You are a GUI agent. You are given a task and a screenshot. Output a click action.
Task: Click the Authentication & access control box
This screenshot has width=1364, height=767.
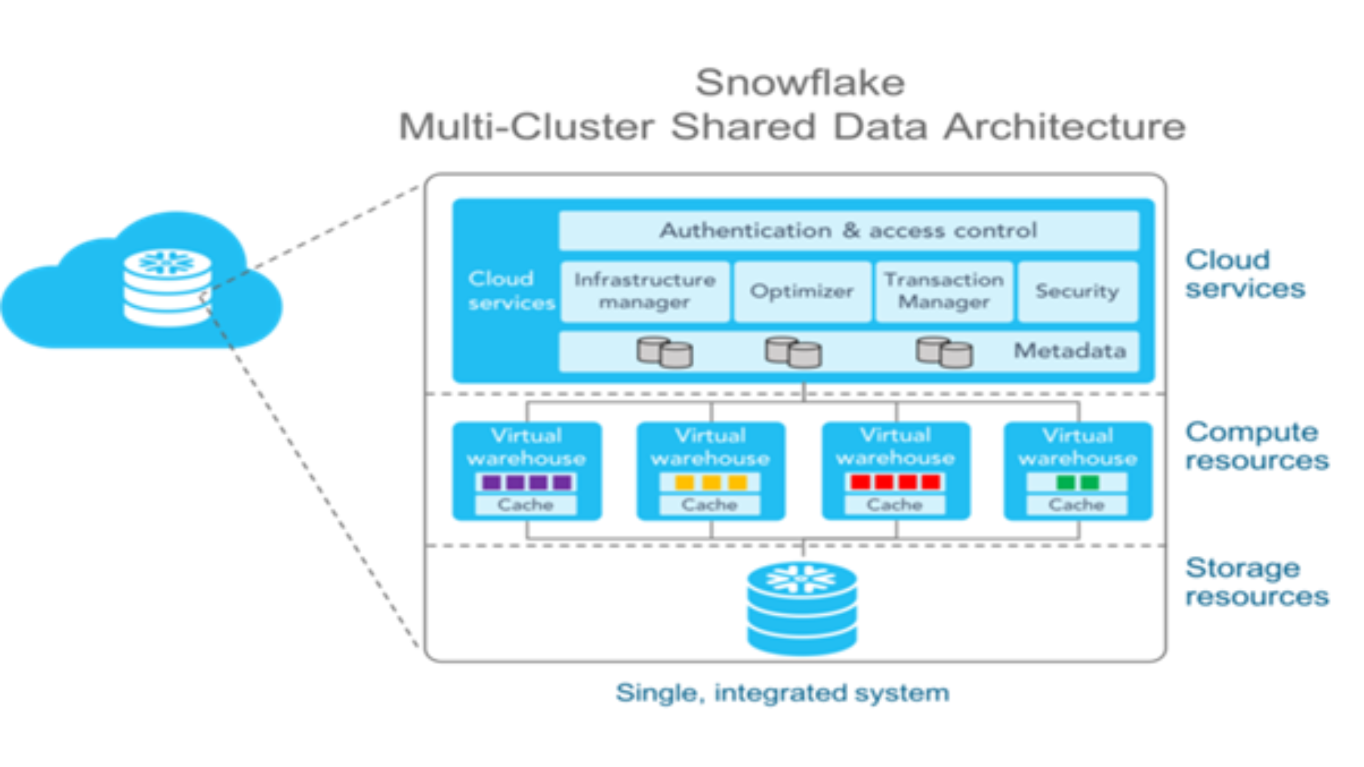point(848,231)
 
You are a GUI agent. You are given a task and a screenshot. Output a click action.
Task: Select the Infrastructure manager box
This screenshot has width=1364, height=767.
point(644,291)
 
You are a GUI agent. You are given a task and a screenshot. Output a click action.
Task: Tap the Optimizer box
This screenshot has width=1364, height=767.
point(801,291)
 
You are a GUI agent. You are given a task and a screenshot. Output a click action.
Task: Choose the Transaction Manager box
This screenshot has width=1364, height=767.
point(944,291)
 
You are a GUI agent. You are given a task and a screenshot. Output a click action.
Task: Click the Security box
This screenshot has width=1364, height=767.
point(1077,291)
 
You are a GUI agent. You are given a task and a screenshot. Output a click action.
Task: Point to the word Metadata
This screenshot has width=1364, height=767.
point(1069,351)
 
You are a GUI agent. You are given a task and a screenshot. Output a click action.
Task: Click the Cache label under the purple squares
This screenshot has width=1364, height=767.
point(526,505)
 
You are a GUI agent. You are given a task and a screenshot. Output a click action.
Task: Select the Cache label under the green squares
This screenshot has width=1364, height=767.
point(1076,505)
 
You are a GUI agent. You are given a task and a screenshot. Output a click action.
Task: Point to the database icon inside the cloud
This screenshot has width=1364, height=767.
point(167,287)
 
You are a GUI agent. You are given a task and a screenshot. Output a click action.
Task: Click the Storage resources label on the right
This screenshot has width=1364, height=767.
point(1256,582)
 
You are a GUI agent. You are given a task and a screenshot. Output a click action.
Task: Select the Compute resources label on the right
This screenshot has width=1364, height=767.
point(1256,446)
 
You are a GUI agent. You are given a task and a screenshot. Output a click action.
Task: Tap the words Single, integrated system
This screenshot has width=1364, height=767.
point(782,693)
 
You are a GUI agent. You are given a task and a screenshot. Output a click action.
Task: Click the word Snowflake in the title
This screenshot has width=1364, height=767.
point(800,83)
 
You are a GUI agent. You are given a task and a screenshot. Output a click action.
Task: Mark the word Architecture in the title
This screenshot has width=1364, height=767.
point(1064,127)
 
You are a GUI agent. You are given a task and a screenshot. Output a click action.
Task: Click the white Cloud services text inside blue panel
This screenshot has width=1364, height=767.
point(510,290)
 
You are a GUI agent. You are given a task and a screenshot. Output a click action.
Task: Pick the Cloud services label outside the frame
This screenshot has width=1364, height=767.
point(1245,274)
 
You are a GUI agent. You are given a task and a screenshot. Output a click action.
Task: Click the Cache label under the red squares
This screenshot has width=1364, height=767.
point(894,505)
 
